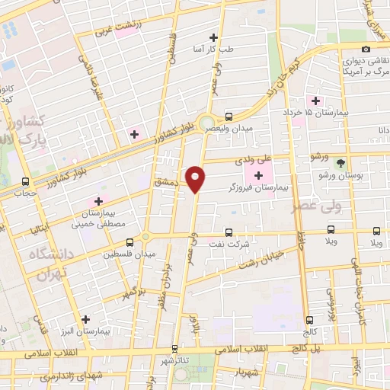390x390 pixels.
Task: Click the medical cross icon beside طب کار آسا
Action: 213,37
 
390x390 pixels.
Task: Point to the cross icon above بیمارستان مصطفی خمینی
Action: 98,200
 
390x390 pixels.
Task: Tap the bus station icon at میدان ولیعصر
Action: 229,117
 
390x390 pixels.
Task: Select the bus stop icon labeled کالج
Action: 308,321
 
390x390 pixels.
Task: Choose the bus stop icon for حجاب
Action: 27,182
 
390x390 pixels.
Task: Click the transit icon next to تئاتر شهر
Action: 175,350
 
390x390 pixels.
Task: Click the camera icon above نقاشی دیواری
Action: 366,50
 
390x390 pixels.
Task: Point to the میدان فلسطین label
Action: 135,253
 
